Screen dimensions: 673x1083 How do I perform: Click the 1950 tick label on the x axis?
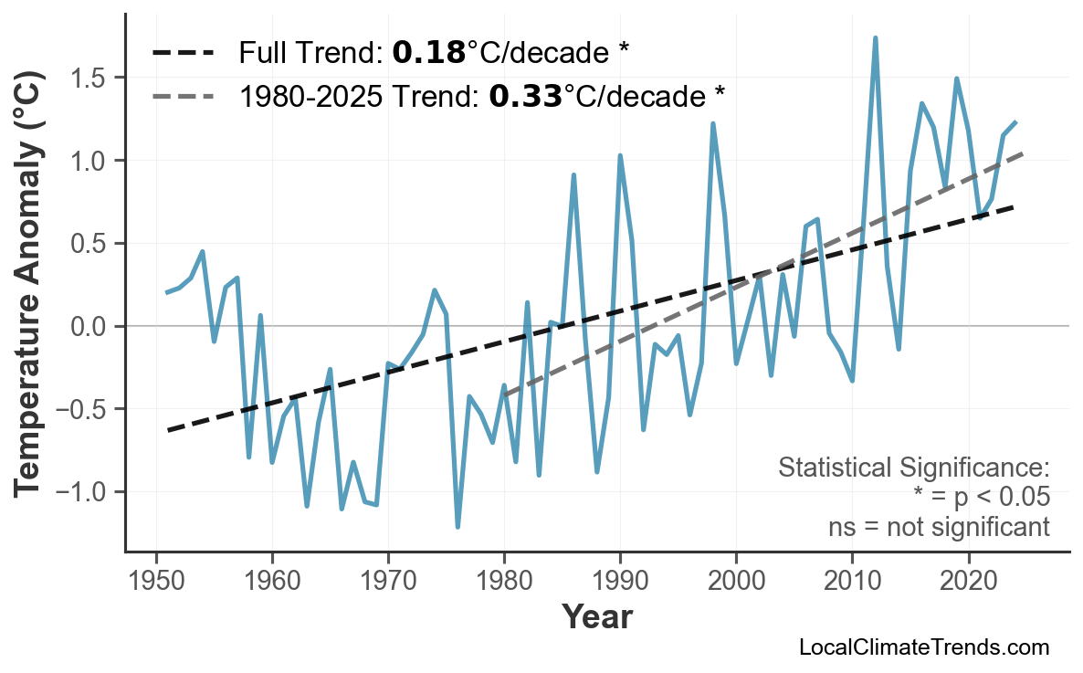coord(156,581)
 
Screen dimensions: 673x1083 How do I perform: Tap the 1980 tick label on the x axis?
coord(504,581)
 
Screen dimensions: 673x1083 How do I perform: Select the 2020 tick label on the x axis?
coord(968,581)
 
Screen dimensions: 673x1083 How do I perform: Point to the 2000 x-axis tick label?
coord(736,581)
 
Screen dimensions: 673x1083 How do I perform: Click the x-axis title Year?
coord(596,617)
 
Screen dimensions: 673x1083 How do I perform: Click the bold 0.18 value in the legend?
coord(428,53)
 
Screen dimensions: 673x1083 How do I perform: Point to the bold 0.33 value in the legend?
coord(525,95)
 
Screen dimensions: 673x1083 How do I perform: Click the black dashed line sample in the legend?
coord(183,53)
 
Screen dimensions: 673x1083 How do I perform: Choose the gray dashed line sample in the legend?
coord(183,95)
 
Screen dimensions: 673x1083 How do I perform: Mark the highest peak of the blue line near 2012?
coord(875,38)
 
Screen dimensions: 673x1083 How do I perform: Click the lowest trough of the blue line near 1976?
coord(457,527)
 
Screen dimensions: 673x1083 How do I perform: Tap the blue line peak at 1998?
coord(712,123)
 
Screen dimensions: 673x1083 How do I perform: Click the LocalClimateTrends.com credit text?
coord(923,647)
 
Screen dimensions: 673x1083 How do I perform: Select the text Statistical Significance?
coord(913,468)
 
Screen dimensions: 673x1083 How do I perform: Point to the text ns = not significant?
coord(939,527)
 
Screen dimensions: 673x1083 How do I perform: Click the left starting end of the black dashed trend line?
coord(168,429)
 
